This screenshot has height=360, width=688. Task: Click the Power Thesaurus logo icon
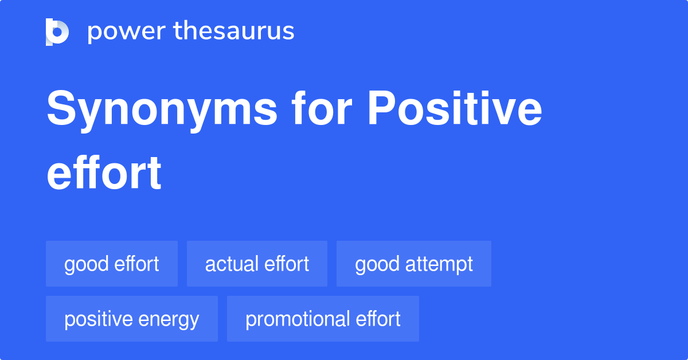coord(57,32)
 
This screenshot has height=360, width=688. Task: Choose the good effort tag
coord(112,264)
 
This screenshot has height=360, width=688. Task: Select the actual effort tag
coord(257,264)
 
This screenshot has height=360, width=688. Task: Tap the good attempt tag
coord(414,264)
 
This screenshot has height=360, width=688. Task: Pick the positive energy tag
coord(132,319)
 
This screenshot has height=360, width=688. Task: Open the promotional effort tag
coord(323,319)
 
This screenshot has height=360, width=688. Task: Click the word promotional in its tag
coord(294,320)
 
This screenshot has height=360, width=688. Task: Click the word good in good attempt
coord(377,265)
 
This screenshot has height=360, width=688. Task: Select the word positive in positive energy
coord(97,320)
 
